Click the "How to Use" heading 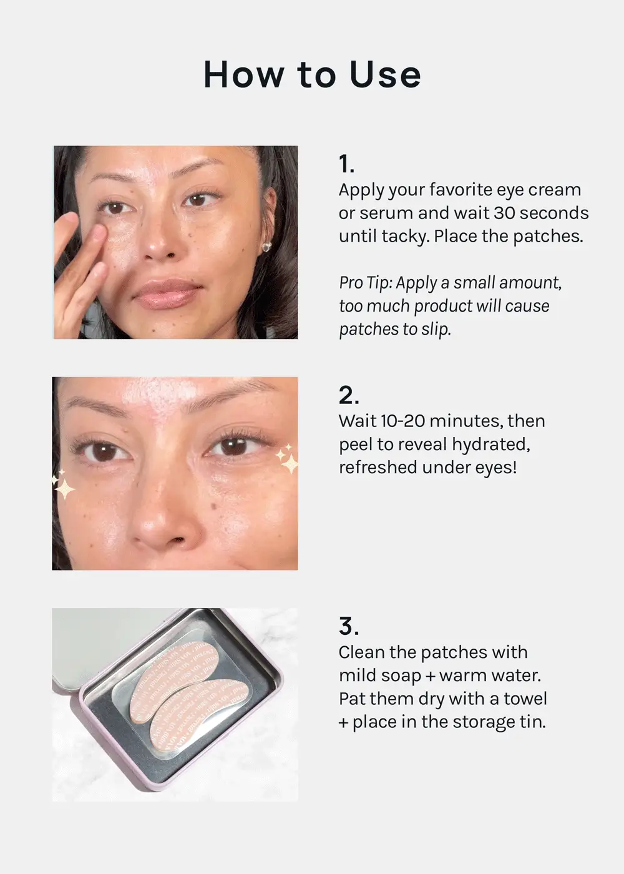click(x=312, y=75)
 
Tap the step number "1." click(x=346, y=164)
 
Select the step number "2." click(x=349, y=395)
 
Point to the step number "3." click(x=349, y=626)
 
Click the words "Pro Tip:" click(x=366, y=283)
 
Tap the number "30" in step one click(x=504, y=213)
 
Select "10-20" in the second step click(x=402, y=421)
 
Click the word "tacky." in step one click(x=406, y=237)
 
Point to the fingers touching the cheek click(x=90, y=240)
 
